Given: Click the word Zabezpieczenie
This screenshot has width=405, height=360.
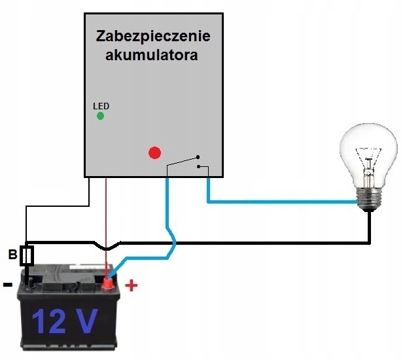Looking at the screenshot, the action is click(153, 37).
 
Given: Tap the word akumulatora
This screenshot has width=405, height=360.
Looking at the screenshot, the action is click(152, 55).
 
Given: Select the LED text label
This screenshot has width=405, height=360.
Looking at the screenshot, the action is click(101, 106).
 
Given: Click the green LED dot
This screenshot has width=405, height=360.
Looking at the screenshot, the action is click(101, 116).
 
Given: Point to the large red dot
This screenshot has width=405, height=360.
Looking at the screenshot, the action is click(154, 153).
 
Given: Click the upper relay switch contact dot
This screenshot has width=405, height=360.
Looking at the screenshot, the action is click(198, 157).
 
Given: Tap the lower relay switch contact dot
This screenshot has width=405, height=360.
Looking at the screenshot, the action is click(198, 167).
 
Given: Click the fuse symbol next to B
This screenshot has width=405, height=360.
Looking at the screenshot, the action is click(27, 256).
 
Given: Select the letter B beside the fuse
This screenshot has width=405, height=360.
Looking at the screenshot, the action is click(12, 255).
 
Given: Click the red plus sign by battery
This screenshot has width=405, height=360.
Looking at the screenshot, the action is click(132, 285).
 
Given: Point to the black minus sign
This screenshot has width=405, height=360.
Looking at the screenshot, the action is click(8, 285).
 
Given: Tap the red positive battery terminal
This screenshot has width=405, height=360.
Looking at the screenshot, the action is click(108, 283).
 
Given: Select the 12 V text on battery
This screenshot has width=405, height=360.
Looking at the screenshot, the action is click(65, 321).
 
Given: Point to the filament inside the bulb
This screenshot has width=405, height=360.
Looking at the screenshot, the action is click(368, 166).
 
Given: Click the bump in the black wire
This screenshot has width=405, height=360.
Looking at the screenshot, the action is click(107, 247).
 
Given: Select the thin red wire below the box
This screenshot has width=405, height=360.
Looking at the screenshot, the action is click(107, 227).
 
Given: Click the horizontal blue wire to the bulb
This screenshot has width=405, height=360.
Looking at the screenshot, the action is click(282, 202).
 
